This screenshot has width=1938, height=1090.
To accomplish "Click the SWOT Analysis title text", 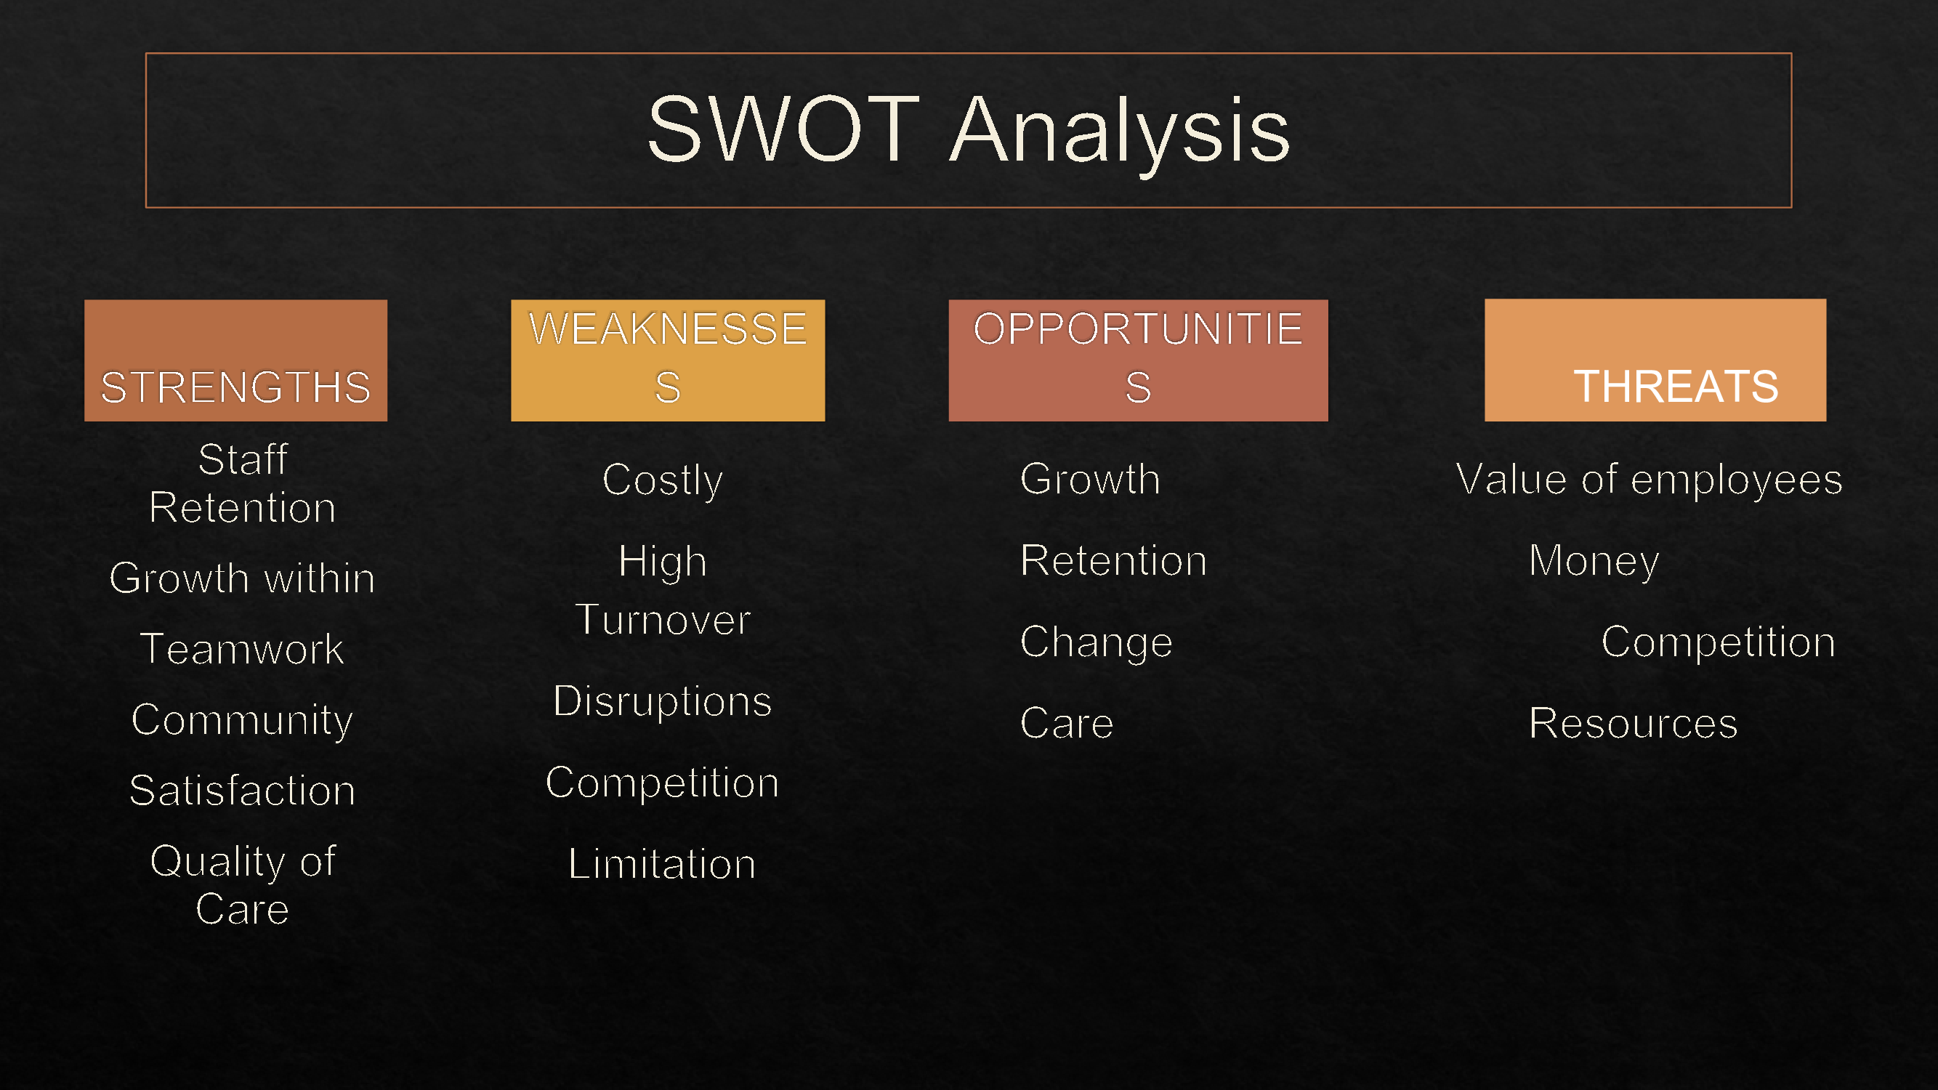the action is (969, 131).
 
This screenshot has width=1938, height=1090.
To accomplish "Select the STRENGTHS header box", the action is (235, 360).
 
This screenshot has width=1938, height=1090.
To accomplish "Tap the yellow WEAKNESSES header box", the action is (668, 360).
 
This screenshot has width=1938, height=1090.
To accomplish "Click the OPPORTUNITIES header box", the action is (1138, 360).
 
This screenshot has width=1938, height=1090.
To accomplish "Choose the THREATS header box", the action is (1655, 360).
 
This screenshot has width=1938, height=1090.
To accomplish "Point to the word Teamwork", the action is (242, 649).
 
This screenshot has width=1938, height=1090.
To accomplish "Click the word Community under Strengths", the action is (242, 721).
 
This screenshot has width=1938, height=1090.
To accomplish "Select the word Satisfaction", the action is (242, 791).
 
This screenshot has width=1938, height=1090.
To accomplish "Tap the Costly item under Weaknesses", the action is (663, 480).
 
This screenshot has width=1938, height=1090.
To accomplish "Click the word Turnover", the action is (663, 620).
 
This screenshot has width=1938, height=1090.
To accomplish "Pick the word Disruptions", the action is (663, 701).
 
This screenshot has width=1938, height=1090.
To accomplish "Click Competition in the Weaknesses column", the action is (663, 783).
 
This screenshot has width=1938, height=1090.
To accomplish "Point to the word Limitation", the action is (663, 863).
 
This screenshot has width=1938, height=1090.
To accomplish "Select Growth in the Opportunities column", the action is (1090, 479).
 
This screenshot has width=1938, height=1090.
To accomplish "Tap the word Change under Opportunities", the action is (1096, 642).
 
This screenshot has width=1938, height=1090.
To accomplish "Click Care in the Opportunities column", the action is (1067, 724).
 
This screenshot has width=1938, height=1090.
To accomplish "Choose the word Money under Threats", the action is (1594, 561).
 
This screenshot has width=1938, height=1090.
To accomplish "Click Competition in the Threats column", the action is (1719, 642).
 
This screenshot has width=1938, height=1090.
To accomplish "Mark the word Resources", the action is (1634, 724).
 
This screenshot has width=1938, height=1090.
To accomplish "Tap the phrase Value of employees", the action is (1650, 480).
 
